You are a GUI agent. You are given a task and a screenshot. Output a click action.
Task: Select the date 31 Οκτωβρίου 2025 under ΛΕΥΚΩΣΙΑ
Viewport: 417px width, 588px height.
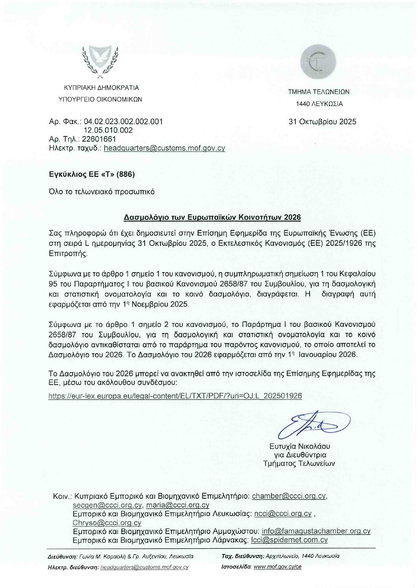[x=322, y=122]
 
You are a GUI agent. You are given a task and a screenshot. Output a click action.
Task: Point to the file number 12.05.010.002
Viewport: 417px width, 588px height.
[x=108, y=131]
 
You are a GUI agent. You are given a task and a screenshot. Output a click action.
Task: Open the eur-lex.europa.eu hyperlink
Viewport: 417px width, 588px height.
[x=175, y=396]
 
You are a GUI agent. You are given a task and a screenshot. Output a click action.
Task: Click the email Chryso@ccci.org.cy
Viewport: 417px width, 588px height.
[x=107, y=523]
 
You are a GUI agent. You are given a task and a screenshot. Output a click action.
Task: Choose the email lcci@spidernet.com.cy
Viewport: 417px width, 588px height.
[x=289, y=540]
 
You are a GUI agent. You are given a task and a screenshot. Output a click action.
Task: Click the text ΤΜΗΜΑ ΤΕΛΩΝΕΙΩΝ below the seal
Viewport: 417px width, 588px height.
[x=319, y=92]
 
